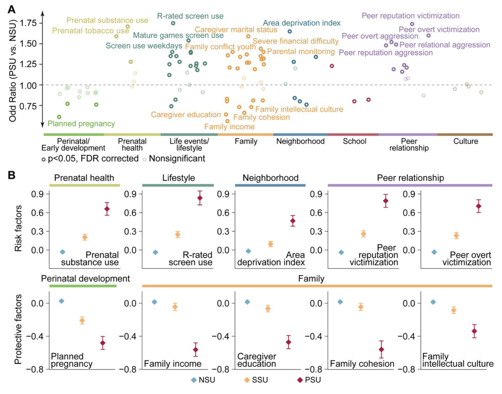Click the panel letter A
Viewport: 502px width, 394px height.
[11, 10]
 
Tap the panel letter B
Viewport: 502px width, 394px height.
[11, 175]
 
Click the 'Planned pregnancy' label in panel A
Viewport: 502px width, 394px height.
[81, 124]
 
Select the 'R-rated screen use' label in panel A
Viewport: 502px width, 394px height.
[190, 16]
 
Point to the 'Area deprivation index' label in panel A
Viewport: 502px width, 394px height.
[302, 23]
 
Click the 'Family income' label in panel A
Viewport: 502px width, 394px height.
[229, 127]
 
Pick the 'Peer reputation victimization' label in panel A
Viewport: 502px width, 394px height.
[410, 16]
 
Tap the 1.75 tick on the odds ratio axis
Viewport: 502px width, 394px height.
[28, 23]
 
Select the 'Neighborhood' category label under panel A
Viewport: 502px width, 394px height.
[300, 141]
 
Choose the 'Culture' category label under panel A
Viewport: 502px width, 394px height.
[466, 141]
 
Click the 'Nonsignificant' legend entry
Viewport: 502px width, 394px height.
[177, 159]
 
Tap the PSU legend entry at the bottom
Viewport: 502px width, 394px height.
[309, 380]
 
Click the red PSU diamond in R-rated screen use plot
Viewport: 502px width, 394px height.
[200, 198]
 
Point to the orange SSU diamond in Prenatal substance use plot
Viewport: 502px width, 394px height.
[85, 237]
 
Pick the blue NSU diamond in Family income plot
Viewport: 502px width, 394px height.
[154, 302]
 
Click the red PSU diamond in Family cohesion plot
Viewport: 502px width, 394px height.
[382, 350]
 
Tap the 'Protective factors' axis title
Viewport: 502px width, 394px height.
[18, 329]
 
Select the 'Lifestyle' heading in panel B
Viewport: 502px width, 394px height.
[179, 178]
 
